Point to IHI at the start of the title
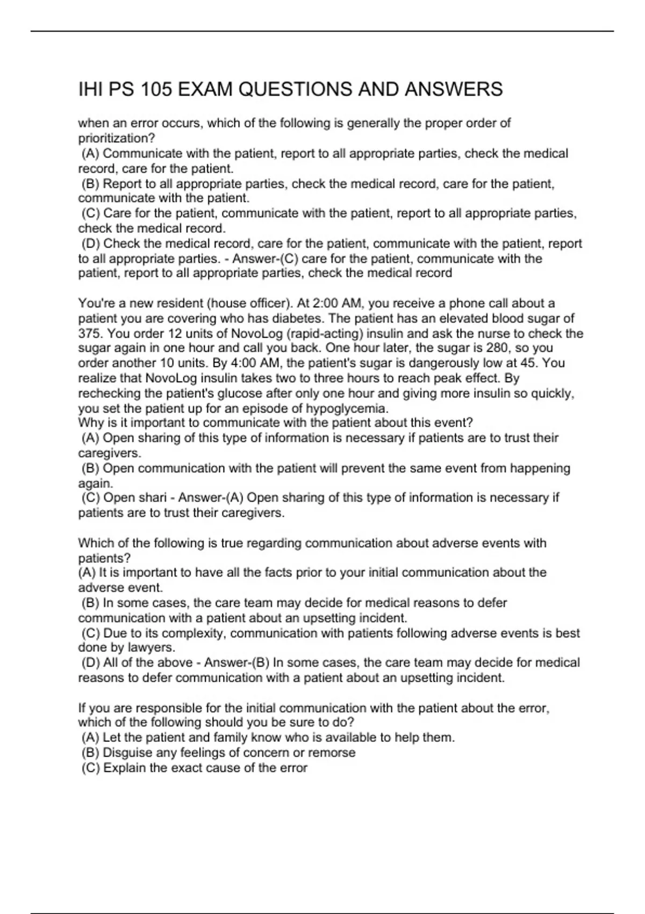coord(91,89)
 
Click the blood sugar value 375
coord(89,333)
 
